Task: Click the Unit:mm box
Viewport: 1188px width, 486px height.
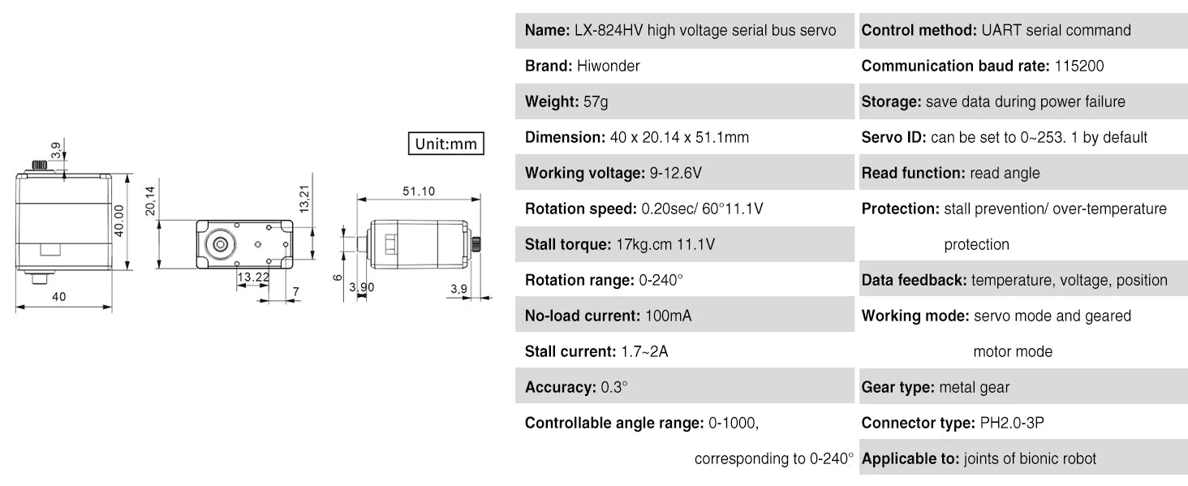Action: tap(446, 144)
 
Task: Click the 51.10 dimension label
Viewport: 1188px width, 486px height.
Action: tap(419, 191)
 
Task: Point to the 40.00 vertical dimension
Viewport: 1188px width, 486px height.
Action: tap(119, 221)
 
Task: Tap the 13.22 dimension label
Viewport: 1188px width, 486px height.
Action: tap(253, 277)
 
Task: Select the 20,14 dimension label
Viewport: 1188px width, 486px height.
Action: tap(150, 201)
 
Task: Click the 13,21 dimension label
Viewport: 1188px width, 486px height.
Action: tap(304, 200)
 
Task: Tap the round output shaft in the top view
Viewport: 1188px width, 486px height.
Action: tap(220, 244)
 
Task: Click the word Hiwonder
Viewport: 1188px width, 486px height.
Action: tap(609, 66)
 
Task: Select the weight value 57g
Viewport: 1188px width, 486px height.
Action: tap(596, 101)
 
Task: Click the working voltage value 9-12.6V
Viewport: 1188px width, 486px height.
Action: tap(675, 173)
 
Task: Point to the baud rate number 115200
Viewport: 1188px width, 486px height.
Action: tap(1079, 66)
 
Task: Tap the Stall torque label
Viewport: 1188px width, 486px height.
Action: tap(568, 244)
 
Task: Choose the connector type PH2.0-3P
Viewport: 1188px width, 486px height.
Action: tap(1012, 423)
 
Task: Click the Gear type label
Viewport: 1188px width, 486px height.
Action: tap(897, 388)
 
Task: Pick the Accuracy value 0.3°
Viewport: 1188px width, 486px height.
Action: tap(614, 388)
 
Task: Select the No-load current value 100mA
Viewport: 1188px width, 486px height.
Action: tap(669, 316)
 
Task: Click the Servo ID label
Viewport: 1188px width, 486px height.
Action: tap(893, 137)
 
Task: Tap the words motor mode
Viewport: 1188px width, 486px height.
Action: tap(1013, 351)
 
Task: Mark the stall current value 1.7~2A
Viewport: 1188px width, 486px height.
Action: tap(644, 351)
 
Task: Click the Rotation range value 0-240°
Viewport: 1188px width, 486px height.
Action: tap(661, 280)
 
